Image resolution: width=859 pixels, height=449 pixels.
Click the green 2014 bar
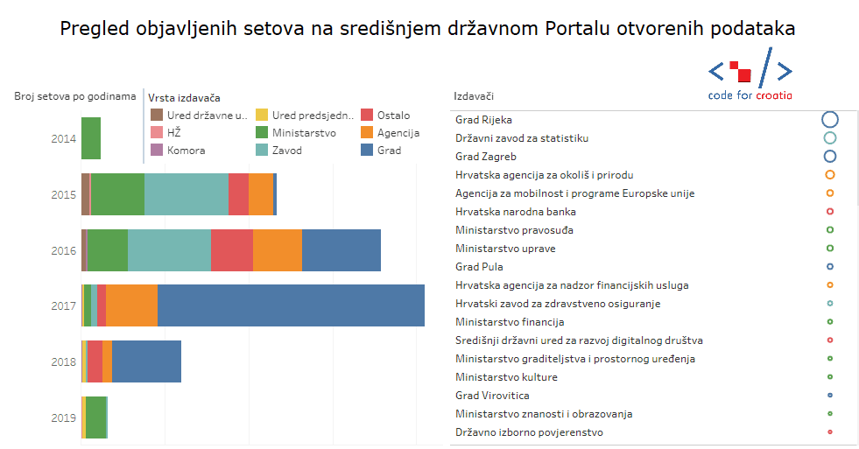point(91,138)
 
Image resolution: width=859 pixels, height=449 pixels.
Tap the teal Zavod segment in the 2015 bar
point(187,194)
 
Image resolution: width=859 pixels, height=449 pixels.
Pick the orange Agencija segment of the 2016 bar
point(278,250)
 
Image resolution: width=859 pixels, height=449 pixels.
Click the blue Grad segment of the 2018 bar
point(146,361)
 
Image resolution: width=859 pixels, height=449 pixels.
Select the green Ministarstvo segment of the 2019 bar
point(96,417)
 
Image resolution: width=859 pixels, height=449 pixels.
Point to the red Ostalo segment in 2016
point(232,250)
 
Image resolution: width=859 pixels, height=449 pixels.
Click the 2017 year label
point(63,306)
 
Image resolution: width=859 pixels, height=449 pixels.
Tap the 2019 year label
point(63,418)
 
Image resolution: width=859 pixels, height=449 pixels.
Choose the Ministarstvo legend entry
point(303,133)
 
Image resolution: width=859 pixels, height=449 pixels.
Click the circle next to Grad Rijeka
point(830,120)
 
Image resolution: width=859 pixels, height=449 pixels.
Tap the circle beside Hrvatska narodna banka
point(830,212)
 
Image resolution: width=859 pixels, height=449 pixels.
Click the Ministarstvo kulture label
point(506,377)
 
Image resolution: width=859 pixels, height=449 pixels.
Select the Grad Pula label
point(479,267)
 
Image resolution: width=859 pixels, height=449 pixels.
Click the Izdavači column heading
point(473,96)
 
